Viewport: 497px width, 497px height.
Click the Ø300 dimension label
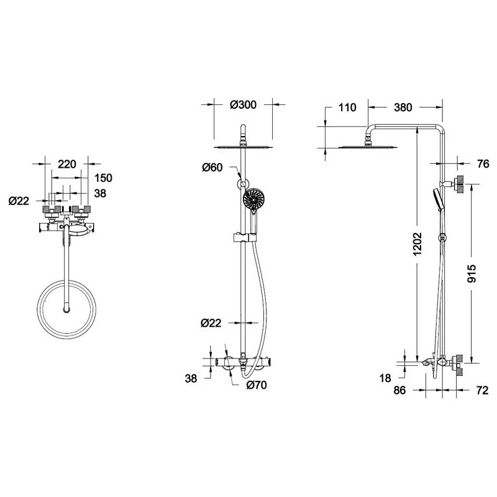pos(243,104)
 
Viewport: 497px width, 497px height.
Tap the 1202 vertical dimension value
pos(417,244)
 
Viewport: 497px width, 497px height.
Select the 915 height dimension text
pos(472,273)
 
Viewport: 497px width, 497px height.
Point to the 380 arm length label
pos(403,107)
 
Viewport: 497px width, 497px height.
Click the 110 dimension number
pos(347,107)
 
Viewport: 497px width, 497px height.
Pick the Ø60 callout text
pos(212,167)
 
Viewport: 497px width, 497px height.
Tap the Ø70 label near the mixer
pos(257,385)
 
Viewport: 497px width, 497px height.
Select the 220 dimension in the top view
pos(67,164)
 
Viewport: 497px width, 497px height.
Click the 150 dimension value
pos(103,178)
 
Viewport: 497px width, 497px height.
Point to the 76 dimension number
pos(483,164)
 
